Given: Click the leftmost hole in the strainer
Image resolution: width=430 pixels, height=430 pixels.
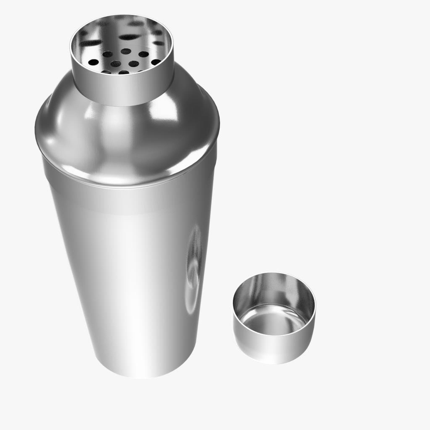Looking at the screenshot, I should [93, 62].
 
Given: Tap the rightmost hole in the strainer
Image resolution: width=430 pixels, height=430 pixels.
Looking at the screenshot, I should [156, 62].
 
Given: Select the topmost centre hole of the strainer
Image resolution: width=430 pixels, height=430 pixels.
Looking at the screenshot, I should [126, 51].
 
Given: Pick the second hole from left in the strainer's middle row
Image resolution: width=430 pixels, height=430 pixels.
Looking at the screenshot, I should [115, 64].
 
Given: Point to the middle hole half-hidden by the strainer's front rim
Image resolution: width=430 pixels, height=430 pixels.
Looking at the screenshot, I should [124, 72].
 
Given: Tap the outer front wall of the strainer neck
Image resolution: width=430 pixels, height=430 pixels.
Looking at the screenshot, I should [123, 90].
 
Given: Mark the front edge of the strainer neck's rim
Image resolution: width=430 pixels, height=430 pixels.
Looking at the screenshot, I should [123, 75].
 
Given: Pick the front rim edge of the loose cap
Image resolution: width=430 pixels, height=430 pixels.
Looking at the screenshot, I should [274, 336].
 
